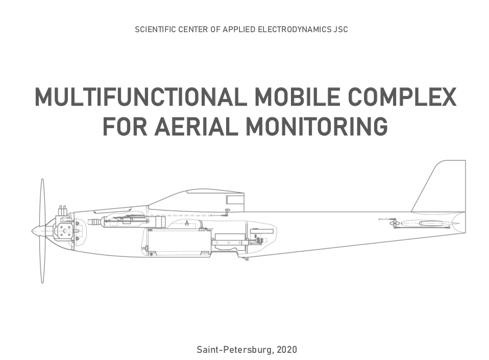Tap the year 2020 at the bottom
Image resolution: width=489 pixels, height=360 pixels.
286,350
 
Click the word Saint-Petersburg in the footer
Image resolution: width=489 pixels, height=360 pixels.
235,350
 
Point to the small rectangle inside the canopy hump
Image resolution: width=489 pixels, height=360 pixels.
234,200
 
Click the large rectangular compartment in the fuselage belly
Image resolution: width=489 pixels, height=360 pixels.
178,242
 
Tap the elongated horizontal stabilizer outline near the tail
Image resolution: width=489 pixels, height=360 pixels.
430,223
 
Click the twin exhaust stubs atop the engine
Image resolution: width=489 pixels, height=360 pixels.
63,210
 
